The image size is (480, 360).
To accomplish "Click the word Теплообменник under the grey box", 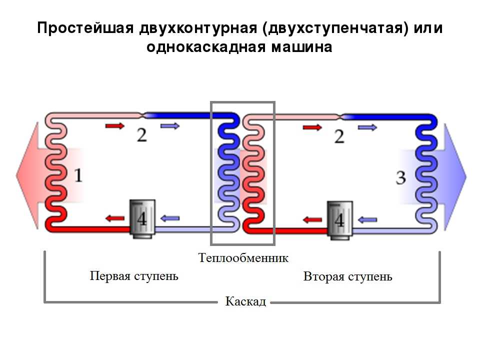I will point(243,258).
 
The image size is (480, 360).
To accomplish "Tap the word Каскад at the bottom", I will point(245,301).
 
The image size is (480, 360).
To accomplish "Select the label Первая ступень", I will point(134,275).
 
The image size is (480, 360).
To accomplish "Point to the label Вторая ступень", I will point(348,276).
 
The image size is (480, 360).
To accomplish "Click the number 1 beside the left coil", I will point(79,175).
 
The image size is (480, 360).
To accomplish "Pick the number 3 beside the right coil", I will point(400,177).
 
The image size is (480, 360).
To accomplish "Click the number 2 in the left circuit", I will point(142,134).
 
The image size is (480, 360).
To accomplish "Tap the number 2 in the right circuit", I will point(339,135).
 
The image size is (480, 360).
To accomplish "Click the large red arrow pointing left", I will point(30,175).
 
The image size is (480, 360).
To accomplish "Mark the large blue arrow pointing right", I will point(453,175).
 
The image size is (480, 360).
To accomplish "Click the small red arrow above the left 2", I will point(114,125).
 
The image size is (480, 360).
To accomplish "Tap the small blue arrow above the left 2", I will point(169,125).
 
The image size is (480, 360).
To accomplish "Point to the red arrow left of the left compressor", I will point(114,218).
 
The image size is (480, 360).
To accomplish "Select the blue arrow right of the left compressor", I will point(169,218).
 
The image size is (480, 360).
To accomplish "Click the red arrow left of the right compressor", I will point(312,219).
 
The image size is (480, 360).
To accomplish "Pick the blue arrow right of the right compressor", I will point(367,219).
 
